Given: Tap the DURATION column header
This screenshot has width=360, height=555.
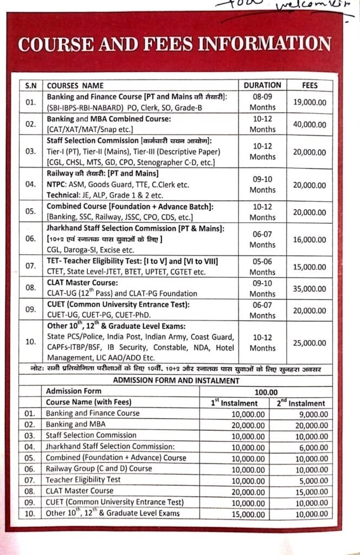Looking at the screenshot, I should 262,85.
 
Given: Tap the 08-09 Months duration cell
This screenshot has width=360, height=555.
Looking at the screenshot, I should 262,101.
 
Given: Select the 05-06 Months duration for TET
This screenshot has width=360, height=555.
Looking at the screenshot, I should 262,267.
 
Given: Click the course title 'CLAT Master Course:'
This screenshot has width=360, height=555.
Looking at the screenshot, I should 82,283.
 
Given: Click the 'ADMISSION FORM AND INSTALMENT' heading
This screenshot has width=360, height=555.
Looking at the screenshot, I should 176,380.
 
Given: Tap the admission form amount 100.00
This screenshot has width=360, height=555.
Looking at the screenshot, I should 266,391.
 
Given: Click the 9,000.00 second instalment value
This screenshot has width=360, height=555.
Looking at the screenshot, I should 308,414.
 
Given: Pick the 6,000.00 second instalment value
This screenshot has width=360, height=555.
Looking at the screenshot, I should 308,446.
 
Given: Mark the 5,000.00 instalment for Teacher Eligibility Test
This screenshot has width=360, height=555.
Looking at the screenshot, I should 308,480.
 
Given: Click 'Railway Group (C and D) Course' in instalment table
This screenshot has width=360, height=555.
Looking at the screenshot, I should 99,468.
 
